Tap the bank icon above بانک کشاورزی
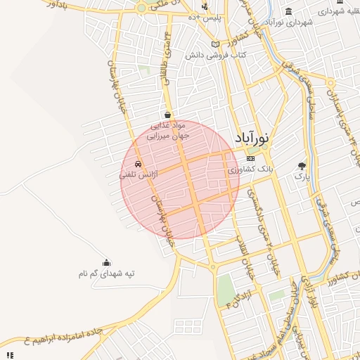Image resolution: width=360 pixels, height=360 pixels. pyautogui.click(x=251, y=159)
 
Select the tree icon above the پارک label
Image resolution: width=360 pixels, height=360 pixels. pyautogui.click(x=302, y=166)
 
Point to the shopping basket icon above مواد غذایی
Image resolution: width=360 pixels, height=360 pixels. pyautogui.click(x=167, y=114)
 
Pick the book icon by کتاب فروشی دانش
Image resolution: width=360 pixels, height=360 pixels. pyautogui.click(x=215, y=44)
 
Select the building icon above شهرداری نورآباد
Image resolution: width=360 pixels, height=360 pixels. pyautogui.click(x=288, y=11)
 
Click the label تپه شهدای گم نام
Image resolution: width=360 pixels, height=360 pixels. pyautogui.click(x=106, y=273)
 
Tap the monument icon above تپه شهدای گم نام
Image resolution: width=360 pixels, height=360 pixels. pyautogui.click(x=106, y=262)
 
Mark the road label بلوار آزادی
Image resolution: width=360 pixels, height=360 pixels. pyautogui.click(x=306, y=295)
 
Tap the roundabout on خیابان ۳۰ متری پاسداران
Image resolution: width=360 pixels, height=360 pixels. pyautogui.click(x=213, y=266)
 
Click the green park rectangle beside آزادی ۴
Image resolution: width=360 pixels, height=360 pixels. pyautogui.click(x=225, y=288)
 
